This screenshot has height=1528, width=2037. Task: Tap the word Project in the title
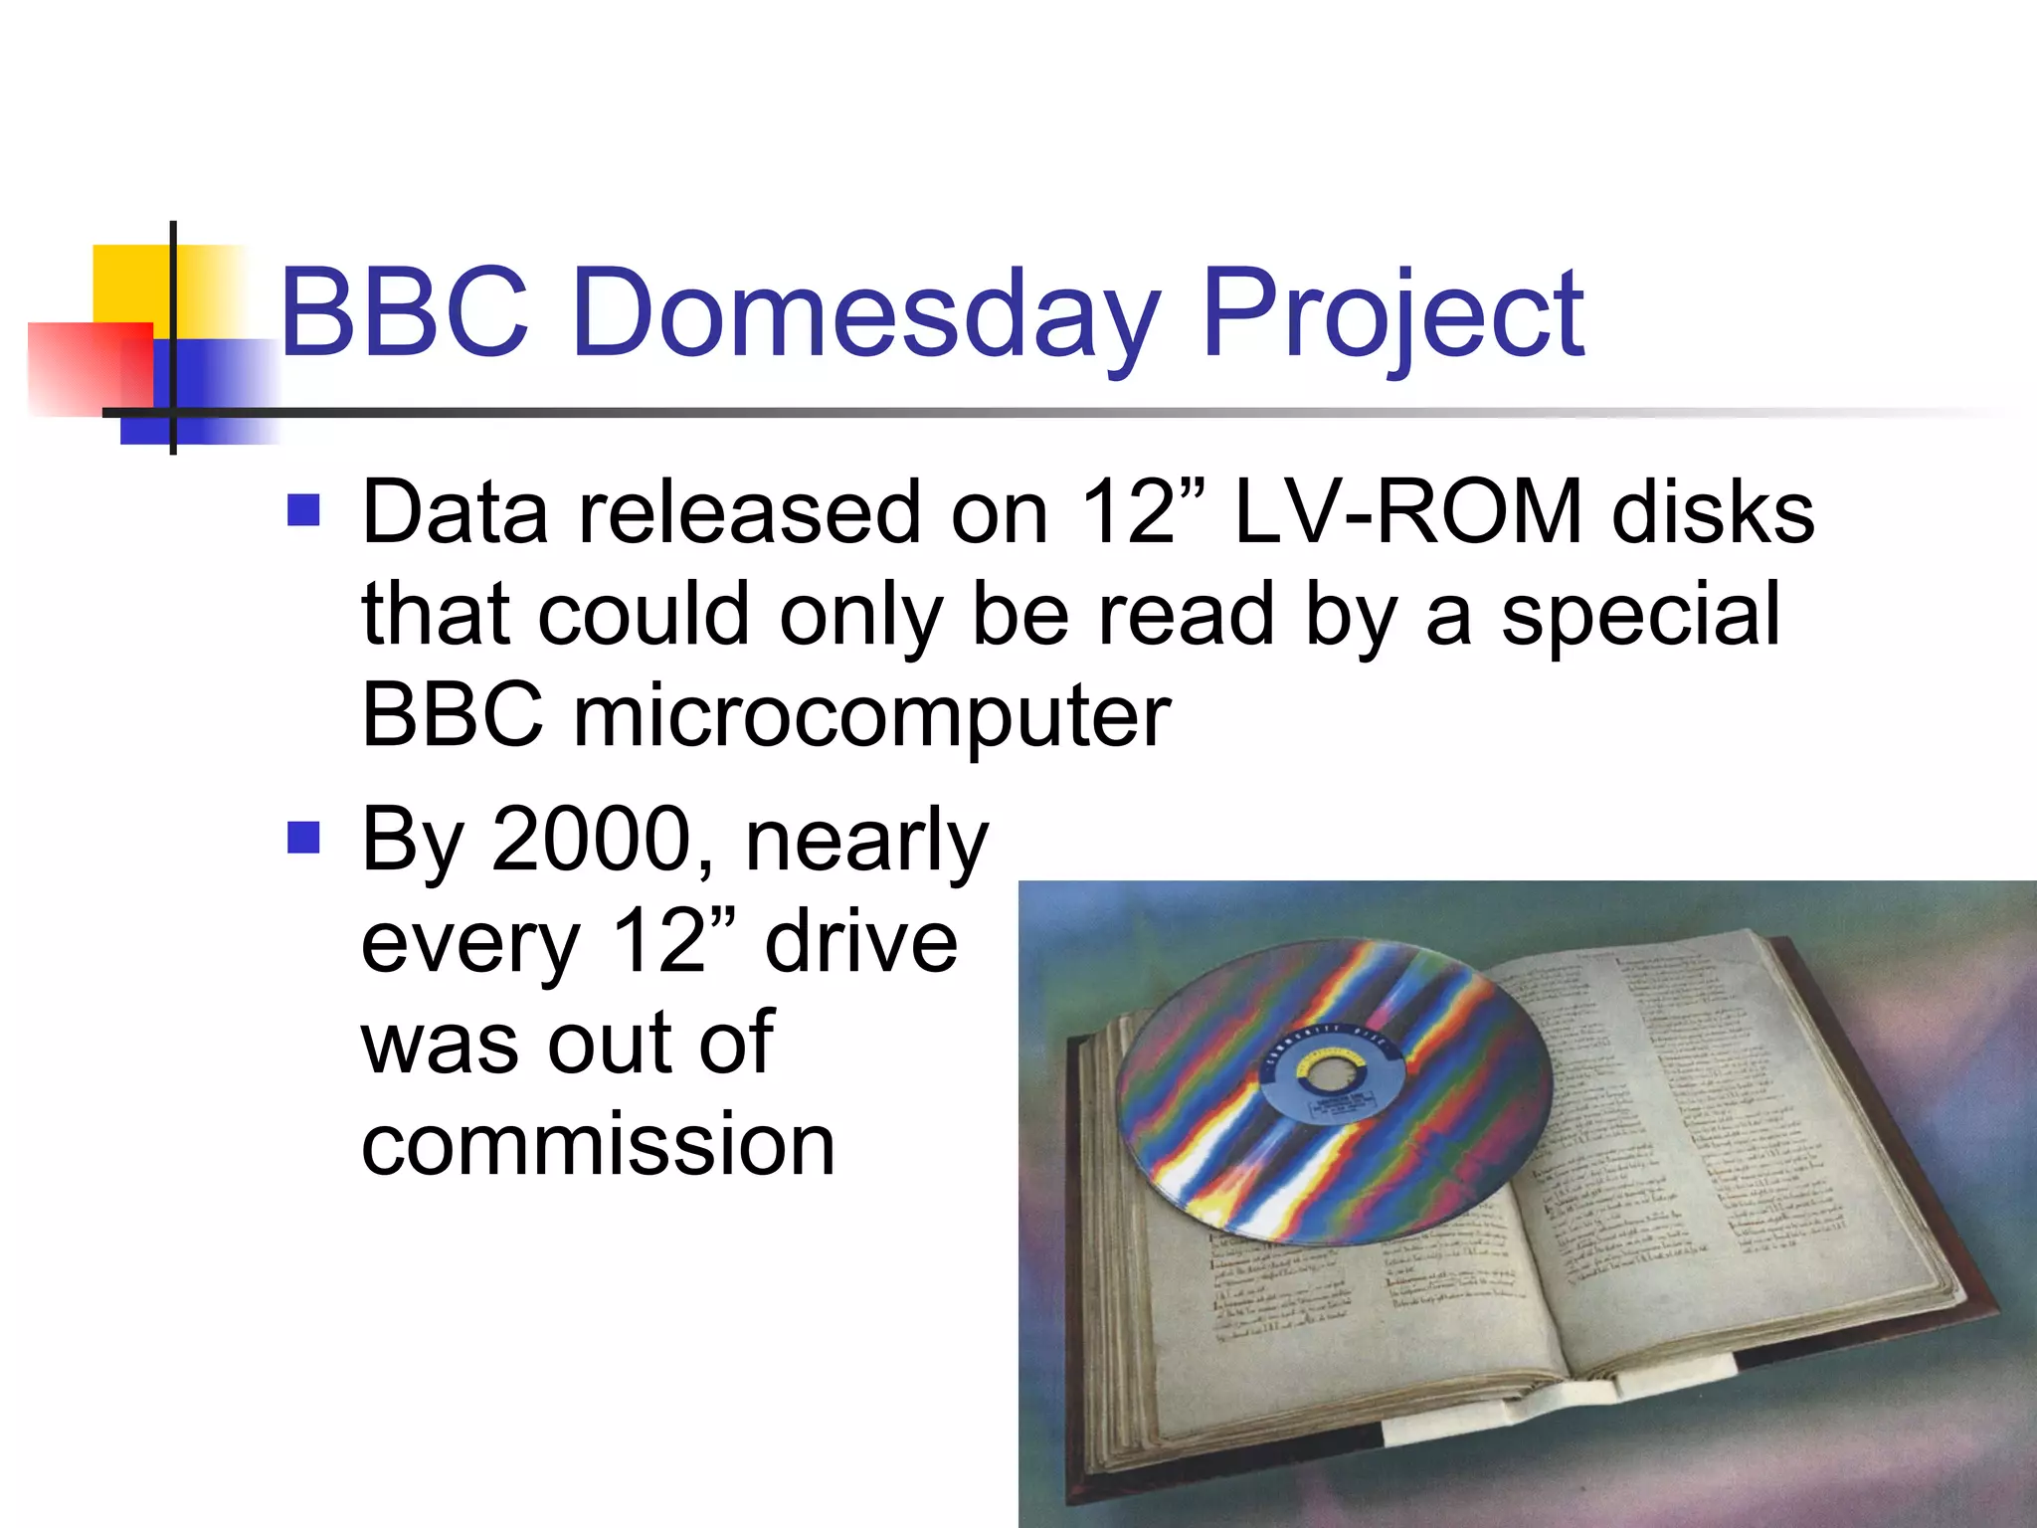(1391, 316)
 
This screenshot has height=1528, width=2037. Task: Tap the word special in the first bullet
(1640, 615)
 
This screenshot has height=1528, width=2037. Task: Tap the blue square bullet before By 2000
(303, 838)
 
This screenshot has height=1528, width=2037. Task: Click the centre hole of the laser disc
(1328, 1074)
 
